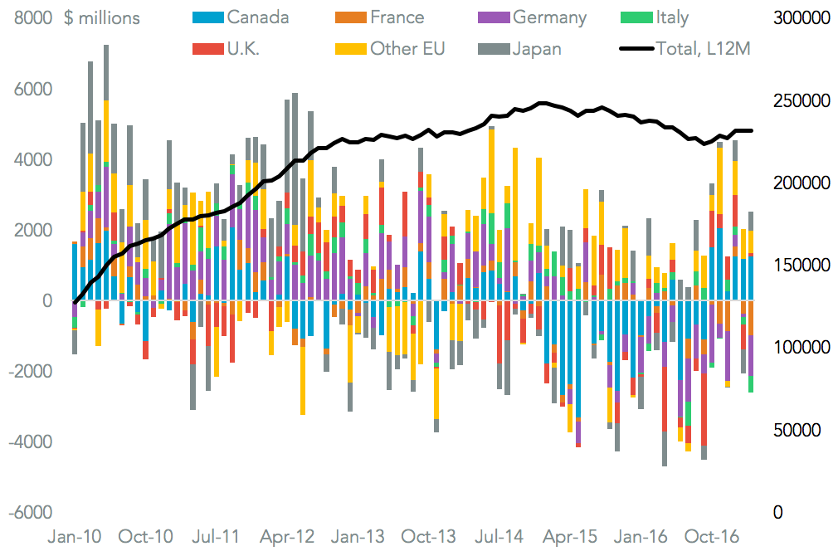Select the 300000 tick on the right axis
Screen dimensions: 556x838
pyautogui.click(x=800, y=17)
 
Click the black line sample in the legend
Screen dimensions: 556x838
pyautogui.click(x=635, y=49)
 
